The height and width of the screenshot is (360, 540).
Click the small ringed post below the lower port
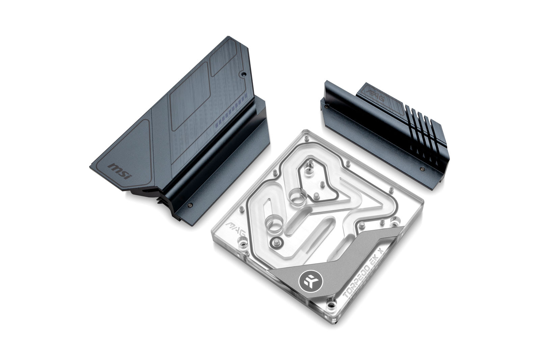pos(277,242)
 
